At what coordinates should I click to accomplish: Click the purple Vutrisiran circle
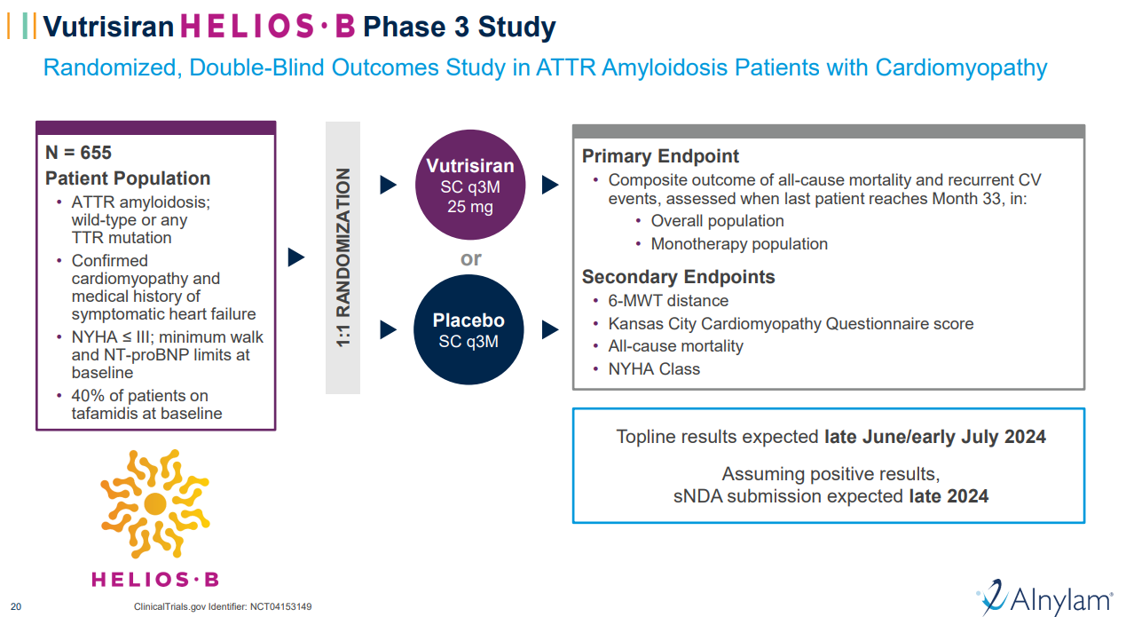coord(470,185)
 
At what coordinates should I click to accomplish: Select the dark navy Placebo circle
coord(470,330)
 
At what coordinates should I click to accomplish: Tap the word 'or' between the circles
coord(470,258)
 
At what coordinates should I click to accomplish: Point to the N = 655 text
coord(79,153)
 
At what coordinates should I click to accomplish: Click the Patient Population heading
coord(128,178)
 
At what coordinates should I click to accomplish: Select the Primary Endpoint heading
coord(660,156)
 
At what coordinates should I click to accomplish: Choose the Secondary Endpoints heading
coord(678,277)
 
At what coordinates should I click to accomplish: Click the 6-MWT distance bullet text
coord(668,301)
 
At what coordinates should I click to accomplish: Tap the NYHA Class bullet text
coord(654,369)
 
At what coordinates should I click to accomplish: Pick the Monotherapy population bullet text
coord(739,244)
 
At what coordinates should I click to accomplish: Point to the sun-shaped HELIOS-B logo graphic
coord(155,503)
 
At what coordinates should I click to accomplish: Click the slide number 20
coord(16,607)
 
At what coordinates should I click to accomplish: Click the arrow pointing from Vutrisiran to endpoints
coord(550,185)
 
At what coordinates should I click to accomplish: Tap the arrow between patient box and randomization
coord(296,257)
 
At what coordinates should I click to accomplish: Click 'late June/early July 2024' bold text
coord(934,437)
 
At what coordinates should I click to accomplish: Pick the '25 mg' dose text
coord(470,208)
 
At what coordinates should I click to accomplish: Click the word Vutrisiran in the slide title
coord(109,27)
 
